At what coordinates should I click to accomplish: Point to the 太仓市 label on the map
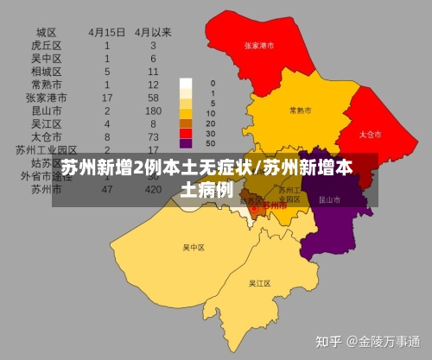click(369, 135)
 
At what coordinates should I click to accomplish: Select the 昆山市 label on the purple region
click(329, 199)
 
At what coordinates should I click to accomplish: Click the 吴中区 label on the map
click(193, 248)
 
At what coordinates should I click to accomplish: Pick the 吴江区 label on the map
click(259, 283)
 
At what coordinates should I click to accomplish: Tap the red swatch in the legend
click(186, 134)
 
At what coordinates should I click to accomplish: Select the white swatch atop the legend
click(186, 84)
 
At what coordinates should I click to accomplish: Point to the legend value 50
click(212, 143)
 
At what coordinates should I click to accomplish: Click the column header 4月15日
click(106, 32)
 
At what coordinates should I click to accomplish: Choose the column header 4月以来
click(154, 32)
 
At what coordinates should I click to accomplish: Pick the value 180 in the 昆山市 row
click(154, 111)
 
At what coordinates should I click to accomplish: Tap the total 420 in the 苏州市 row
click(154, 188)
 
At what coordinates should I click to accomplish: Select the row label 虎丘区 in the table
click(46, 45)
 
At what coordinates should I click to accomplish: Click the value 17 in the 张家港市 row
click(106, 98)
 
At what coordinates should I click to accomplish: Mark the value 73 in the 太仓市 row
click(154, 136)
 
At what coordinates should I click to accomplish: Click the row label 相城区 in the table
click(46, 71)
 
